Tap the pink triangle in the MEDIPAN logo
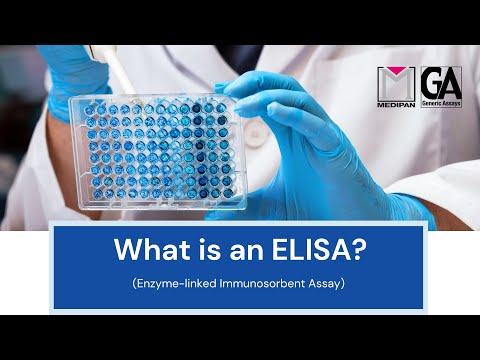[x=396, y=76]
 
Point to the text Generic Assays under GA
[x=441, y=102]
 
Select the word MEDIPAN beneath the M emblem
[x=396, y=103]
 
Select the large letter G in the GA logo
[x=432, y=82]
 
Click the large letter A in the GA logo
[x=451, y=82]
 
